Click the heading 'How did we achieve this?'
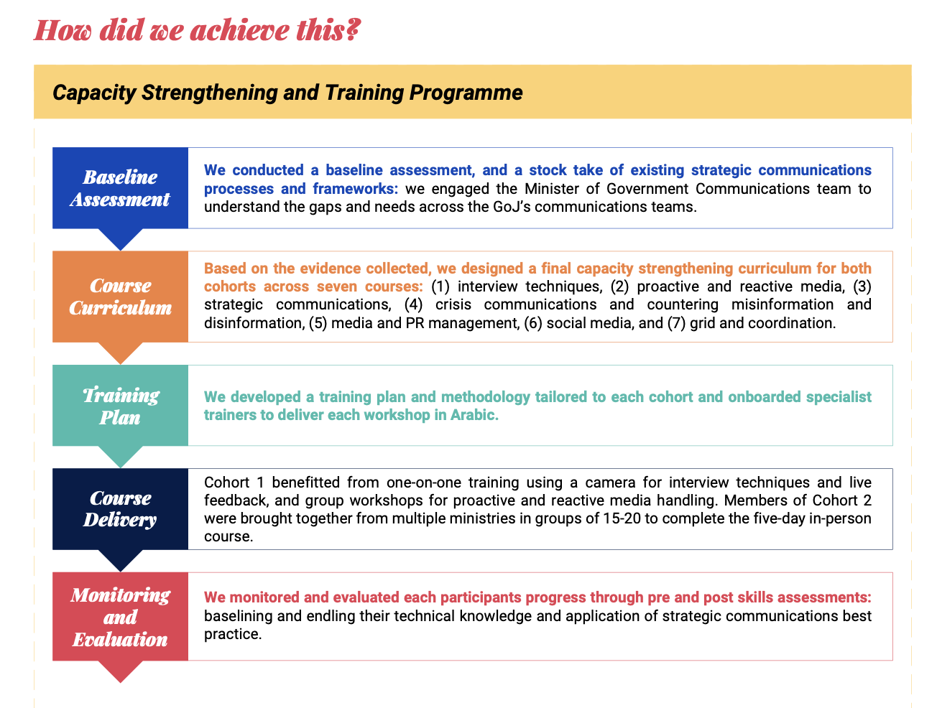pyautogui.click(x=197, y=30)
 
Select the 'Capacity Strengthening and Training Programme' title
pyautogui.click(x=287, y=93)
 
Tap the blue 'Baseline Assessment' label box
pyautogui.click(x=120, y=188)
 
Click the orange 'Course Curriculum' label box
pyautogui.click(x=120, y=297)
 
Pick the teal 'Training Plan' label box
pyautogui.click(x=120, y=406)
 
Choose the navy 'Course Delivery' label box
pyautogui.click(x=120, y=508)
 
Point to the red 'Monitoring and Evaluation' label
pyautogui.click(x=120, y=616)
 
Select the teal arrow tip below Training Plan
pyautogui.click(x=121, y=457)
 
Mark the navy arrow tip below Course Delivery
pyautogui.click(x=121, y=562)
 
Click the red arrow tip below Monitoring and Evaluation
pyautogui.click(x=121, y=672)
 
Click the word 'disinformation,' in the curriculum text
pyautogui.click(x=254, y=323)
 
